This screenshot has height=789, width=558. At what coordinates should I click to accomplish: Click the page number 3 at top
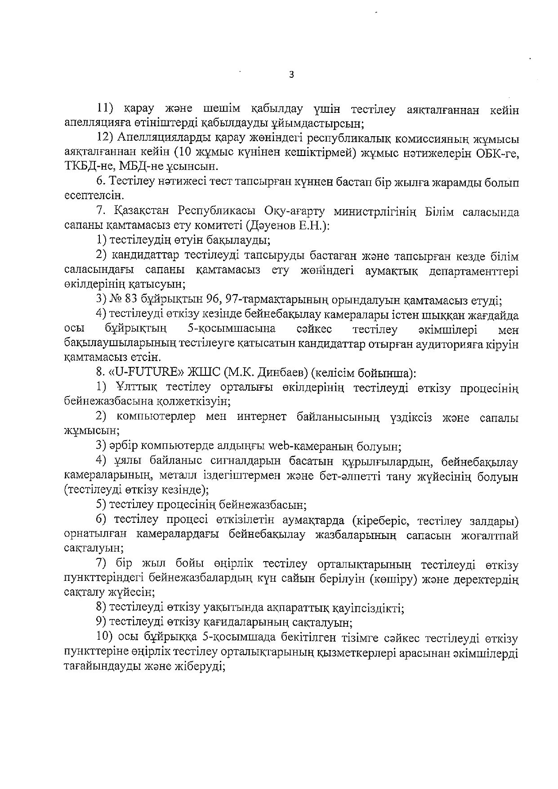(x=291, y=75)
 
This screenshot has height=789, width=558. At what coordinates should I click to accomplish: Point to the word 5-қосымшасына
(x=231, y=329)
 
